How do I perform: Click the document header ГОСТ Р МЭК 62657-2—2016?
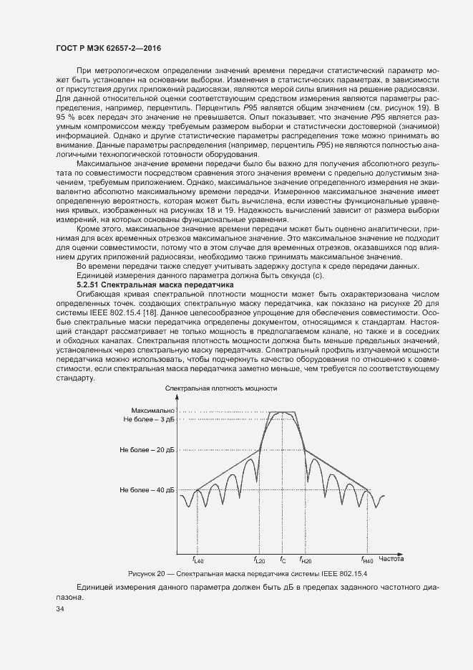[x=107, y=47]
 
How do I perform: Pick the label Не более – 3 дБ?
[x=149, y=419]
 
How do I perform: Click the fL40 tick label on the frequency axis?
[x=198, y=560]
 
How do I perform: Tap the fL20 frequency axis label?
[x=259, y=560]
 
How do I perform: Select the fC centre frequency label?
[x=283, y=560]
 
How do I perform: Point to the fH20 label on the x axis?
[x=306, y=560]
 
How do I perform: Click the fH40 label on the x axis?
[x=367, y=560]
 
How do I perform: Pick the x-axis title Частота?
[x=392, y=557]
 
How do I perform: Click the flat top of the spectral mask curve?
[x=283, y=412]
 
